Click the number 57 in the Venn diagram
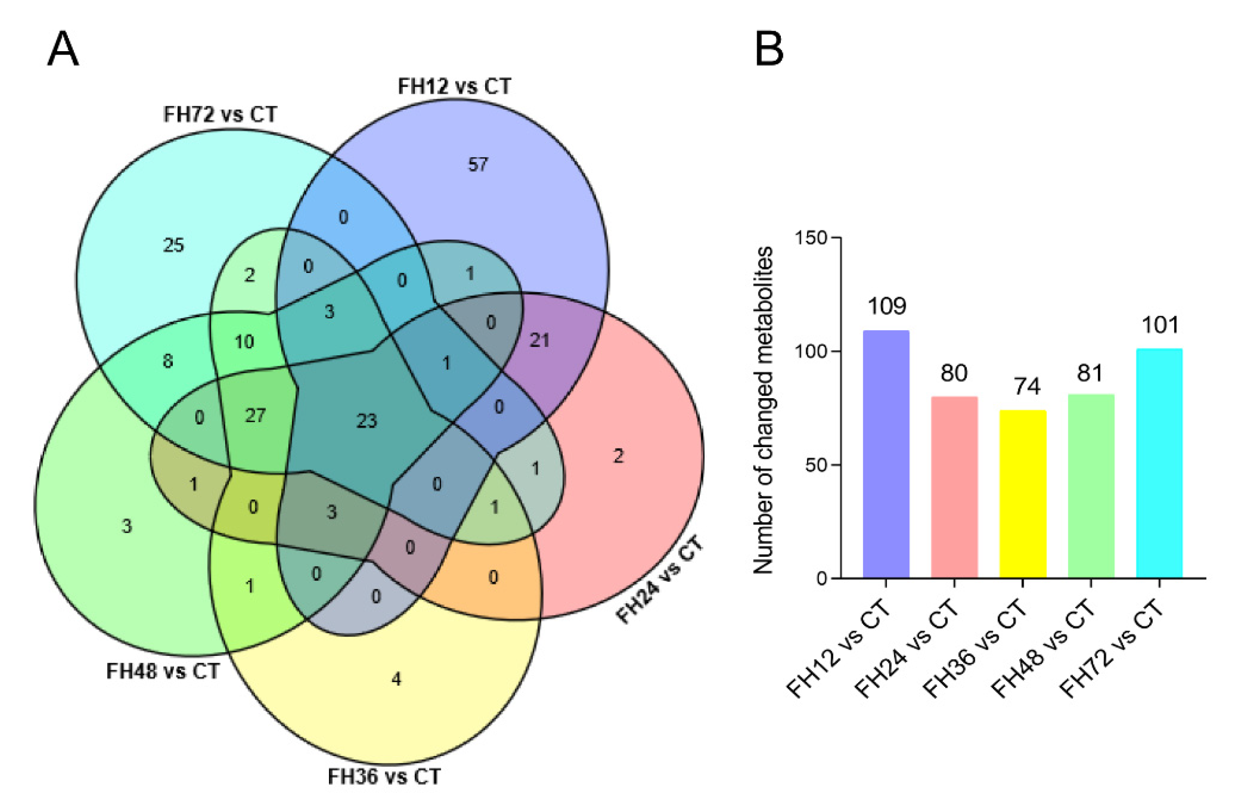coord(478,165)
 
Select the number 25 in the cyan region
coord(174,245)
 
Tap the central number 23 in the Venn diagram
coord(367,420)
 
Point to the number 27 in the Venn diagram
coord(255,416)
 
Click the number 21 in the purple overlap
coord(539,340)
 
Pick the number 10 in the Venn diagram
coord(244,342)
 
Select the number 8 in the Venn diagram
coord(168,361)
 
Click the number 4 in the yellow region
coord(397,679)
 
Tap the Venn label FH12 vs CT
coord(454,86)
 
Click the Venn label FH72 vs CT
coord(220,114)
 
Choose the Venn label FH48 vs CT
coord(163,671)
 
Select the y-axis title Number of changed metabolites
coord(762,410)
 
